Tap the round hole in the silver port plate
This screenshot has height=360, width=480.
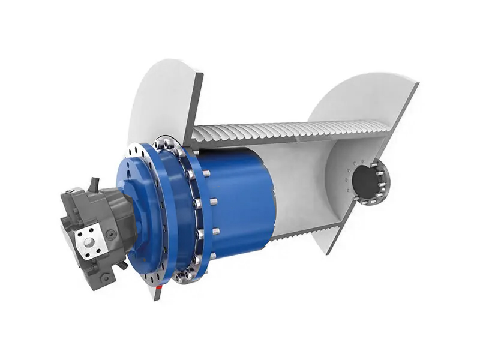tap(89, 242)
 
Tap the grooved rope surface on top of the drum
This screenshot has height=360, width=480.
tap(288, 130)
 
